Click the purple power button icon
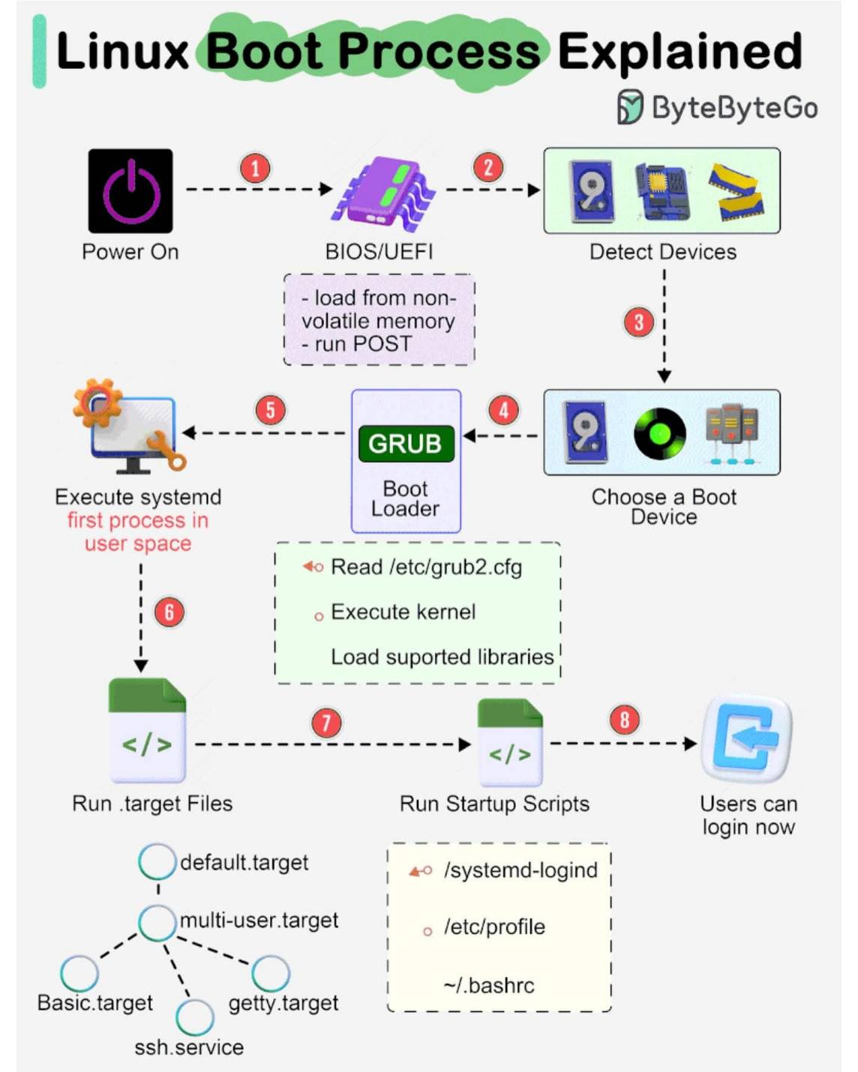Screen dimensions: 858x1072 tap(130, 191)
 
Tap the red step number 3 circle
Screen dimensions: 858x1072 tap(639, 322)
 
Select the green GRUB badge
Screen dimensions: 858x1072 tap(406, 443)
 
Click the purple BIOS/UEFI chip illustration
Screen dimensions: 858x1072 tap(383, 194)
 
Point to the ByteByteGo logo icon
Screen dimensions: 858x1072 tap(630, 106)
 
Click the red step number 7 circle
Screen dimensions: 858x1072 tap(326, 723)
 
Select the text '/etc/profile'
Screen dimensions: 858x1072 tap(494, 927)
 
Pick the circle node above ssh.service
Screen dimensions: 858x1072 tap(195, 1017)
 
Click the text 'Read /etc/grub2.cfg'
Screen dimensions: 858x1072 tap(426, 567)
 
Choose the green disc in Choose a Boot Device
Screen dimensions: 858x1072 tap(659, 433)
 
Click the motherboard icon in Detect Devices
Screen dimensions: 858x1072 tap(662, 191)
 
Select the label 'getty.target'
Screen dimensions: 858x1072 tap(283, 1003)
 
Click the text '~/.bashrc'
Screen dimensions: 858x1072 tap(488, 985)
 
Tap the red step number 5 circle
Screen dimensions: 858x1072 tap(271, 411)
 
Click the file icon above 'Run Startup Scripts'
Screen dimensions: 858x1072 tap(510, 742)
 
